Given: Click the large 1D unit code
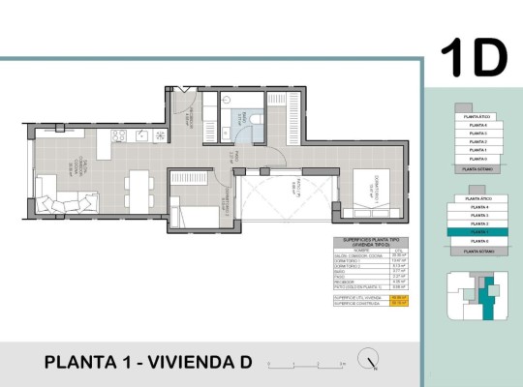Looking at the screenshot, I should click(x=474, y=57).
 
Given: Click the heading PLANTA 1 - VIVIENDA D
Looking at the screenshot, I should click(x=148, y=363).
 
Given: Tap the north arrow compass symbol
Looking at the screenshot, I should click(x=367, y=360).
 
